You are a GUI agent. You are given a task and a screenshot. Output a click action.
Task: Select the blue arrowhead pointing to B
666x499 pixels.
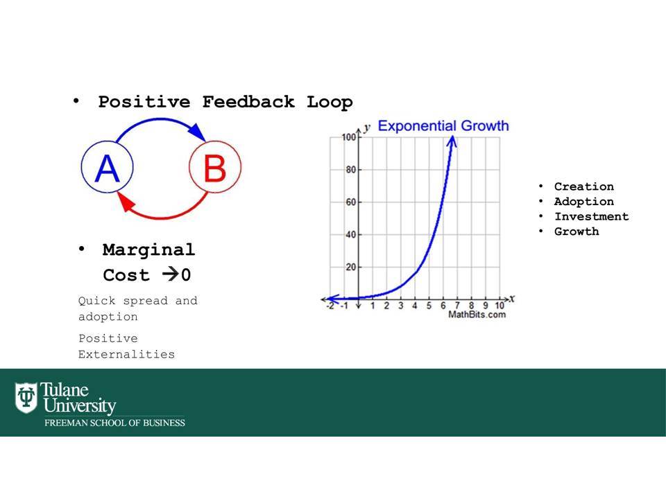[197, 132]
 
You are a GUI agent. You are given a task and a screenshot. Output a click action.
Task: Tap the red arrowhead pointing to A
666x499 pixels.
[126, 202]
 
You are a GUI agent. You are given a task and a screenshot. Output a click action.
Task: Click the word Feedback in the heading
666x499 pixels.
[248, 102]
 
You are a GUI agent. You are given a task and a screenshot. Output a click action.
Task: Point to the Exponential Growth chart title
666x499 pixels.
[443, 125]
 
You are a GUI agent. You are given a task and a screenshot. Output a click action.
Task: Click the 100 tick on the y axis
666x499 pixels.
[349, 137]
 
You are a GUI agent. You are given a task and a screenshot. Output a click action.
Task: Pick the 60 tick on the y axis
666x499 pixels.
[351, 202]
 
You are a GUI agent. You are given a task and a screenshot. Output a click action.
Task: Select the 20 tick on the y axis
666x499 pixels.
[351, 267]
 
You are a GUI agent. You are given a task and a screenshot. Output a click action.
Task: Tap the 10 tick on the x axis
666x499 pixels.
[499, 306]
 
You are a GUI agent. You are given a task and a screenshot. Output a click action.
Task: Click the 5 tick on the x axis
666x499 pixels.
[429, 306]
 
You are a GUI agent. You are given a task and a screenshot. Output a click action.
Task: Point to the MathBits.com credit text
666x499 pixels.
[477, 315]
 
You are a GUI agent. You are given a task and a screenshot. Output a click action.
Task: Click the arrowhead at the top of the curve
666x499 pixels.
[452, 141]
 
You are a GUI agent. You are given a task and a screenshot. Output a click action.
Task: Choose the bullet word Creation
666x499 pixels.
[584, 186]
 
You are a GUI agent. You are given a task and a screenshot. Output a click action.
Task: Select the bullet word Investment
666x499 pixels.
[591, 216]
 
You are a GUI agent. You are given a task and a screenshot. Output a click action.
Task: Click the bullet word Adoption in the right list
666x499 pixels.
[584, 202]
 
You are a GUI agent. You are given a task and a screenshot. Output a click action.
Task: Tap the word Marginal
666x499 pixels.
[148, 250]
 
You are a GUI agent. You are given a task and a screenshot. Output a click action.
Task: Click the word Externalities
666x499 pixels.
[126, 354]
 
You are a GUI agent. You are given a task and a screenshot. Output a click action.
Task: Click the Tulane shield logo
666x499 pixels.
[26, 398]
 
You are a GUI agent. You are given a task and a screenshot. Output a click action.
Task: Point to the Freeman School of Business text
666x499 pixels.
[114, 423]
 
